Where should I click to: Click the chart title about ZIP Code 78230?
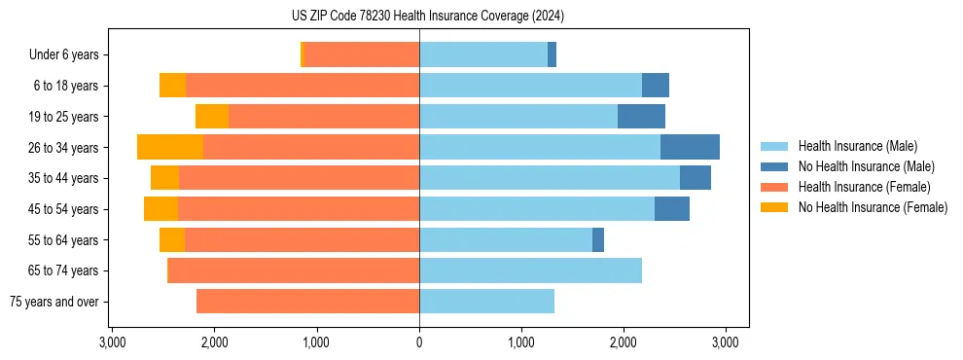coord(427,16)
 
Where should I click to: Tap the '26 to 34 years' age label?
coord(65,148)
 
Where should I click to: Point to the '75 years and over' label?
coord(54,302)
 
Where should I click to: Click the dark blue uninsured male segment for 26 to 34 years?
coord(690,147)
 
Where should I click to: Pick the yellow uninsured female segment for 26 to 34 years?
coord(170,147)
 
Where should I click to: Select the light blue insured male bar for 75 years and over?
coord(486,302)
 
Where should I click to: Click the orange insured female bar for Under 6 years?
coord(362,54)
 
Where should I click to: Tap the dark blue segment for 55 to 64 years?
coord(598,239)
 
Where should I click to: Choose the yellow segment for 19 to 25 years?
coord(212,117)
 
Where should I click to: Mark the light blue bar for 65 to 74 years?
coord(530,270)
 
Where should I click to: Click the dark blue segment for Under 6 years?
coord(552,54)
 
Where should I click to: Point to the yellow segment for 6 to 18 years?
coord(173,86)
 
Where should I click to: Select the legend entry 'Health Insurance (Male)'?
coord(857,146)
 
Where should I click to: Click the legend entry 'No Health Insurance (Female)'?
coord(872,207)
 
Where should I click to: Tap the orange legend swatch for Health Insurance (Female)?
coord(774,187)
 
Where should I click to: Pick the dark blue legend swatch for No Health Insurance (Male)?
coord(774,166)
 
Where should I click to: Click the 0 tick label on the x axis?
coord(419,342)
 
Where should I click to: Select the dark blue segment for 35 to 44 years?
coord(695,178)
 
